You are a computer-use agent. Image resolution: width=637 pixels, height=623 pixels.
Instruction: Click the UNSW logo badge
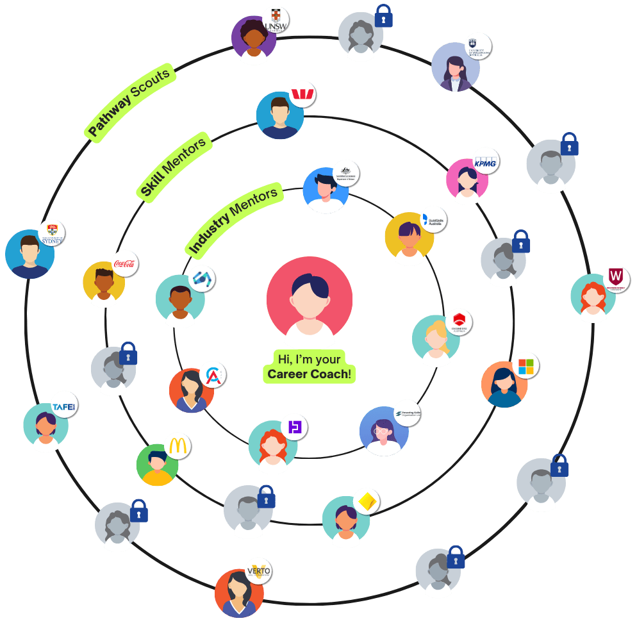[276, 20]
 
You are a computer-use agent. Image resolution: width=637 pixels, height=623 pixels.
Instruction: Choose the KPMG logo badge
[485, 162]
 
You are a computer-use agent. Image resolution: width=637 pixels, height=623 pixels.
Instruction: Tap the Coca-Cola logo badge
[125, 263]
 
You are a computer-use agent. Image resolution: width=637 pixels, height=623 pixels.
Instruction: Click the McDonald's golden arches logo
[178, 445]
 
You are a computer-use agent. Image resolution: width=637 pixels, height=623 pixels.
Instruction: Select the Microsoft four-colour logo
[525, 365]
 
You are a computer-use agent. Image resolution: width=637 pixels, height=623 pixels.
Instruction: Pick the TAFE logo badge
[65, 408]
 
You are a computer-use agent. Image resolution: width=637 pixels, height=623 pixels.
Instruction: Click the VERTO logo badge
[258, 570]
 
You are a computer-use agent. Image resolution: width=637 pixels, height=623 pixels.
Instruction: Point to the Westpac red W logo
[303, 95]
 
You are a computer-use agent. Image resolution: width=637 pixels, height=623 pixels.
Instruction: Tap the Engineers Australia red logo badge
[459, 322]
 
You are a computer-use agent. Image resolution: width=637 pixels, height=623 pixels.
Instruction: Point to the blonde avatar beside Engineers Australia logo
[436, 340]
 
